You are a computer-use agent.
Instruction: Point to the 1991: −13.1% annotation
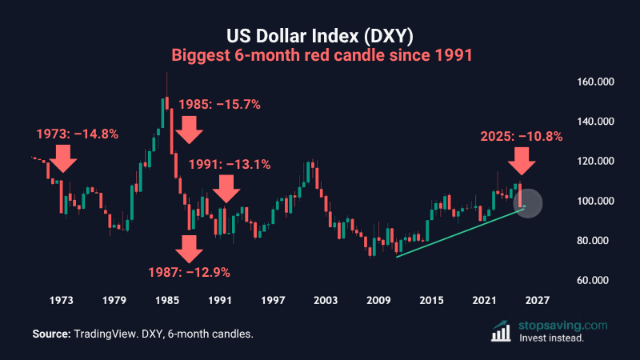pyautogui.click(x=230, y=164)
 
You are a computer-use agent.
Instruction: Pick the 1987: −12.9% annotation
pyautogui.click(x=190, y=272)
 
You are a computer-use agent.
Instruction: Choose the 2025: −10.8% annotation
pyautogui.click(x=522, y=136)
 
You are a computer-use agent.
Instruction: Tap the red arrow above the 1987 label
pyautogui.click(x=190, y=248)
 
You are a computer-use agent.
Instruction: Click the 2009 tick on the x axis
pyautogui.click(x=378, y=301)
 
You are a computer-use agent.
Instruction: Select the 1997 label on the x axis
pyautogui.click(x=273, y=301)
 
